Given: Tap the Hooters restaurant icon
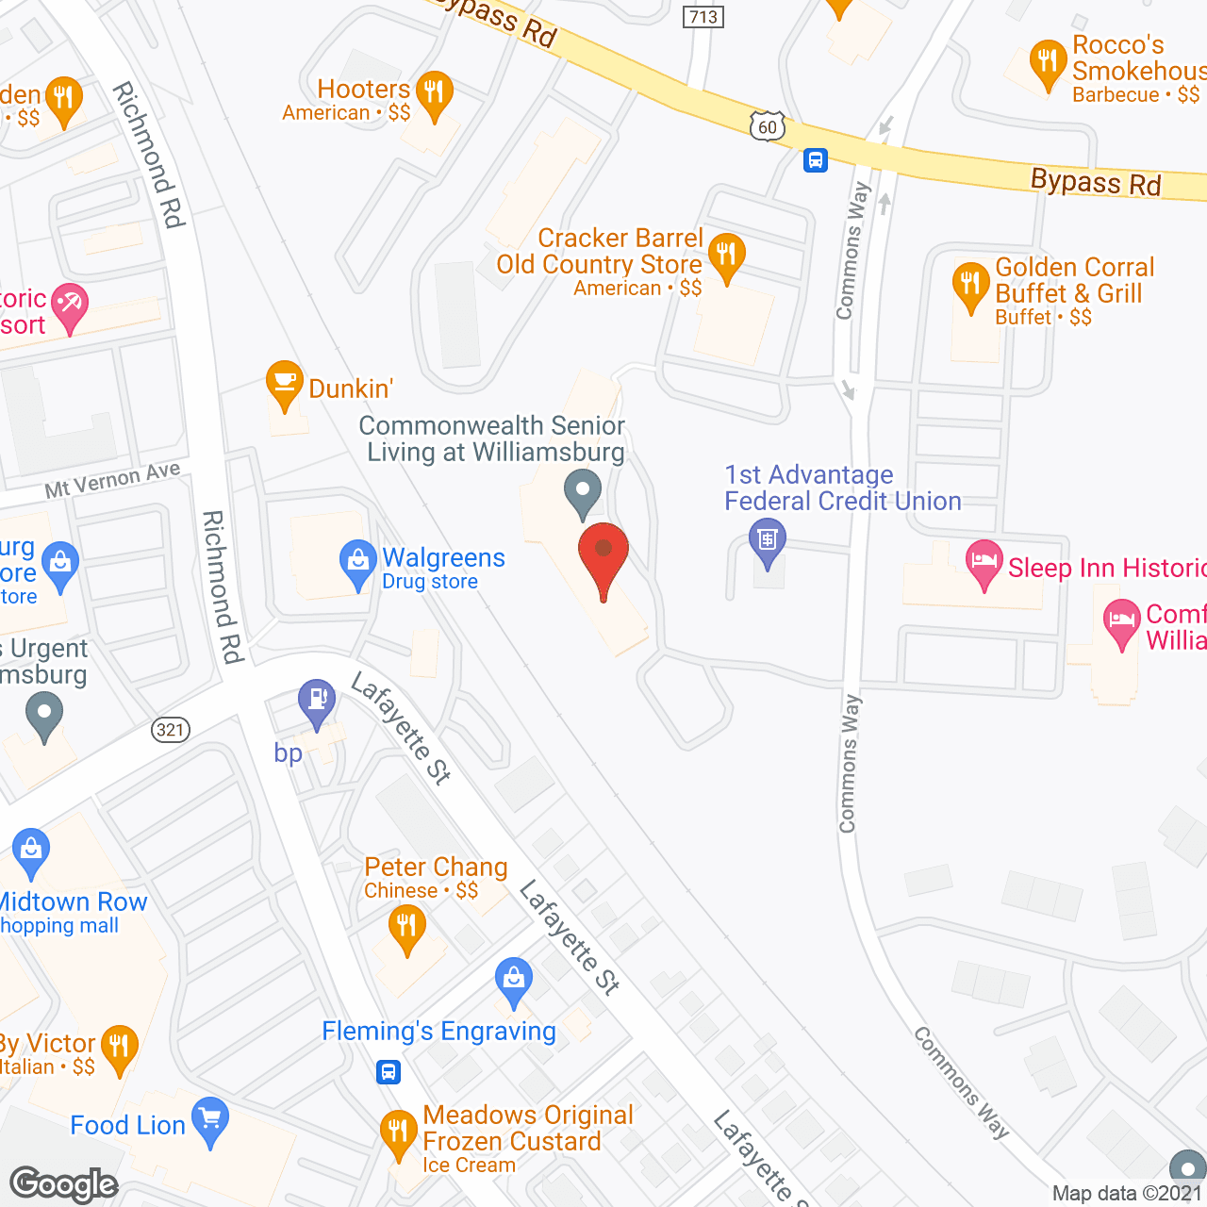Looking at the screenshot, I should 434,93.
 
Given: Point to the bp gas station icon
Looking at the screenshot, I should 317,701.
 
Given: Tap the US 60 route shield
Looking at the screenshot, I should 768,126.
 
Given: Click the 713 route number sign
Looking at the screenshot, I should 703,17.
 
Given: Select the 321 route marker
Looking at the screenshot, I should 171,729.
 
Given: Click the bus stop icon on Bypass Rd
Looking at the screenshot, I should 816,160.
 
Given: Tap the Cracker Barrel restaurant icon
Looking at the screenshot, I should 726,255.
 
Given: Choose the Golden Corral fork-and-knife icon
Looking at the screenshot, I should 969,284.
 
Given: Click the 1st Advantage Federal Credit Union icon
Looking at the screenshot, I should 768,540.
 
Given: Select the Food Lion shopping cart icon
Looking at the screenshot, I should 209,1119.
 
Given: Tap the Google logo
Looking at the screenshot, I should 64,1184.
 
